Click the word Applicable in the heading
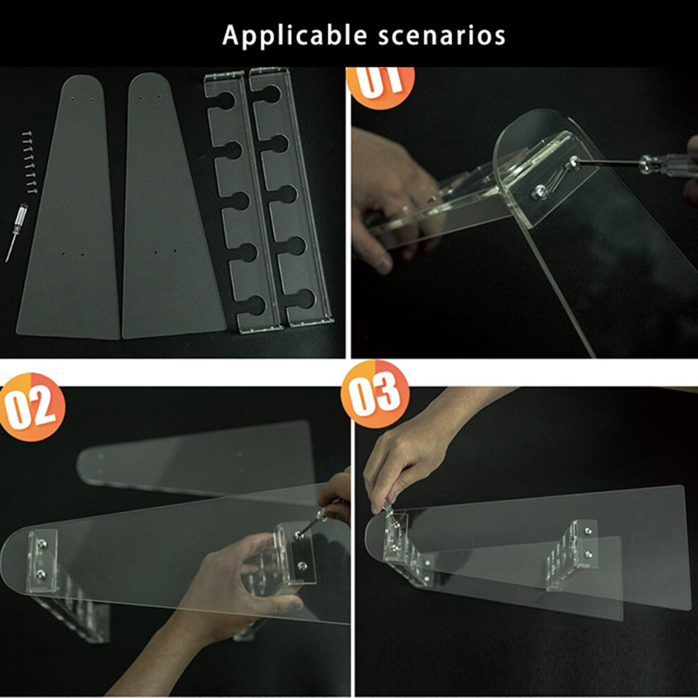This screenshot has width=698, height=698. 295,36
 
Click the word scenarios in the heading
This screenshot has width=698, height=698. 441,36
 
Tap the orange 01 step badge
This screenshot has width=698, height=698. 381,87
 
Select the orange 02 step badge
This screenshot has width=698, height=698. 32,408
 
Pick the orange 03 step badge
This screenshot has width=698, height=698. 375,394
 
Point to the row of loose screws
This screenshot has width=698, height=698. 30,162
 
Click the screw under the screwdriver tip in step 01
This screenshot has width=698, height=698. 574,163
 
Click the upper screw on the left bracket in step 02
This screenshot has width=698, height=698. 42,544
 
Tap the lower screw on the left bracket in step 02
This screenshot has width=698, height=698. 42,574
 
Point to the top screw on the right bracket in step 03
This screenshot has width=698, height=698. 588,531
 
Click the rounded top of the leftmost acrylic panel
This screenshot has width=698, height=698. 82,85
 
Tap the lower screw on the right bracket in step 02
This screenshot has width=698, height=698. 302,566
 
